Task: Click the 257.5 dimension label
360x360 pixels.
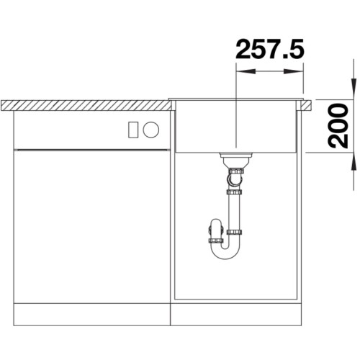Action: coord(270,49)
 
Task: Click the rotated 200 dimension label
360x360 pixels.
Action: coord(338,126)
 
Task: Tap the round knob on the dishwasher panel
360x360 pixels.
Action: coord(150,130)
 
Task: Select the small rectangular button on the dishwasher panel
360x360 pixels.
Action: coord(133,130)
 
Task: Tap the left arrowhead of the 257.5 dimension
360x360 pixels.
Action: coord(246,71)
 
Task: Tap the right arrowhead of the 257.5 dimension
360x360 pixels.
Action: coord(294,71)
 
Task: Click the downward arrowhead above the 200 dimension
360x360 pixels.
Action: coord(354,89)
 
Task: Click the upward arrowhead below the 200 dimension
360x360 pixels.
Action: coord(354,162)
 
